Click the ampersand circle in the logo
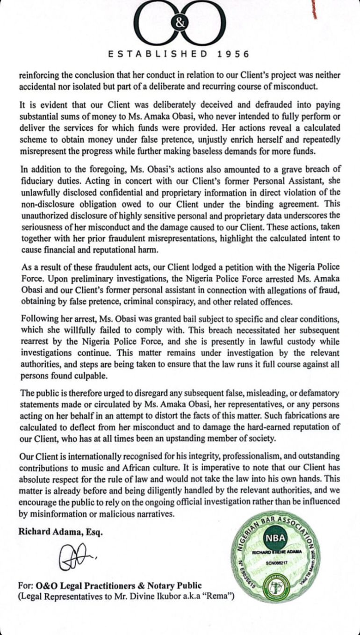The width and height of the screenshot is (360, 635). click(180, 24)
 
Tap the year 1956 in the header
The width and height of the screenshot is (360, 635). click(233, 54)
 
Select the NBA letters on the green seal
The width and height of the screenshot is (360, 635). click(276, 538)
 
